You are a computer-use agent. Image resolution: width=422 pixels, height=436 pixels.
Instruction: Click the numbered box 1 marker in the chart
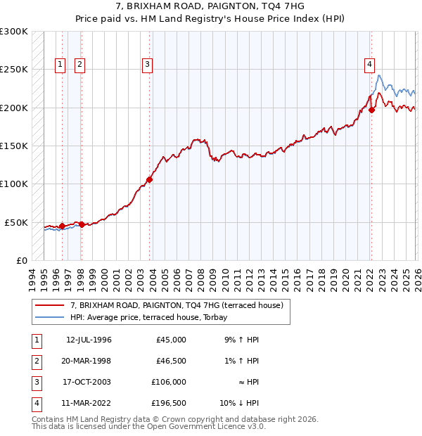[60, 65]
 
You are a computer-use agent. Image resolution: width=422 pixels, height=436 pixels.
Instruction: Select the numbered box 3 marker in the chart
[148, 65]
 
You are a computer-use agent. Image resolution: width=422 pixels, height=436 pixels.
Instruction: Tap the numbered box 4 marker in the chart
[369, 65]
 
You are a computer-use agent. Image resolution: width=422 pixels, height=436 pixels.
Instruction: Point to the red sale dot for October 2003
[150, 179]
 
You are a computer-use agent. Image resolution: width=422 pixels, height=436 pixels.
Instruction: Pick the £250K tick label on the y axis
[14, 70]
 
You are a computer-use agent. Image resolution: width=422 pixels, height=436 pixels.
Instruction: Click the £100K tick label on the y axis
[14, 184]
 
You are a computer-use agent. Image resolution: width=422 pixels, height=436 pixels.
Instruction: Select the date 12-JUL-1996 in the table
[89, 340]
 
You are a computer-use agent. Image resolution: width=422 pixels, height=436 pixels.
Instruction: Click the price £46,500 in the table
[171, 361]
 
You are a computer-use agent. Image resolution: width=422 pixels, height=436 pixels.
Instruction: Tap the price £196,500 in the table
[169, 403]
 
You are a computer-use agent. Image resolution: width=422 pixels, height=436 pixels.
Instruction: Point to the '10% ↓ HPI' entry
[240, 403]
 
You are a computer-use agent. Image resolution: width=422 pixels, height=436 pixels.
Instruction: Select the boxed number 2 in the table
[35, 361]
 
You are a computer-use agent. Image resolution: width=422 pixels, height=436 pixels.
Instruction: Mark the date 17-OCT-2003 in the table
[89, 382]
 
